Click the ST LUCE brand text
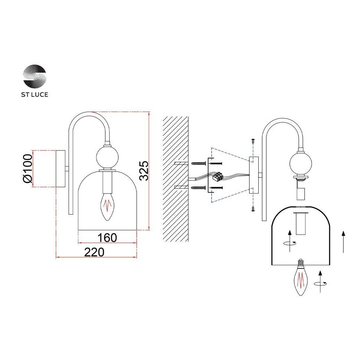pyautogui.click(x=35, y=95)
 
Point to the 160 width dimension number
pyautogui.click(x=108, y=238)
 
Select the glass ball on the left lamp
pyautogui.click(x=107, y=157)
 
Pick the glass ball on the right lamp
pyautogui.click(x=300, y=163)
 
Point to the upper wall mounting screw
pyautogui.click(x=199, y=163)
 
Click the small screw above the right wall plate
pyautogui.click(x=252, y=141)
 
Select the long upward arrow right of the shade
pyautogui.click(x=343, y=241)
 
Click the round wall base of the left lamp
pyautogui.click(x=60, y=168)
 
